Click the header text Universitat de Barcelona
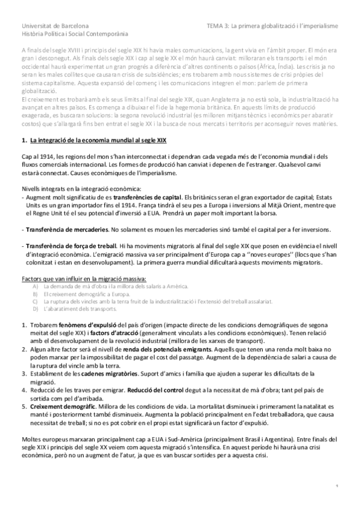[55, 27]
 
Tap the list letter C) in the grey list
[36, 301]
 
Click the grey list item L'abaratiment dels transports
[80, 309]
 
